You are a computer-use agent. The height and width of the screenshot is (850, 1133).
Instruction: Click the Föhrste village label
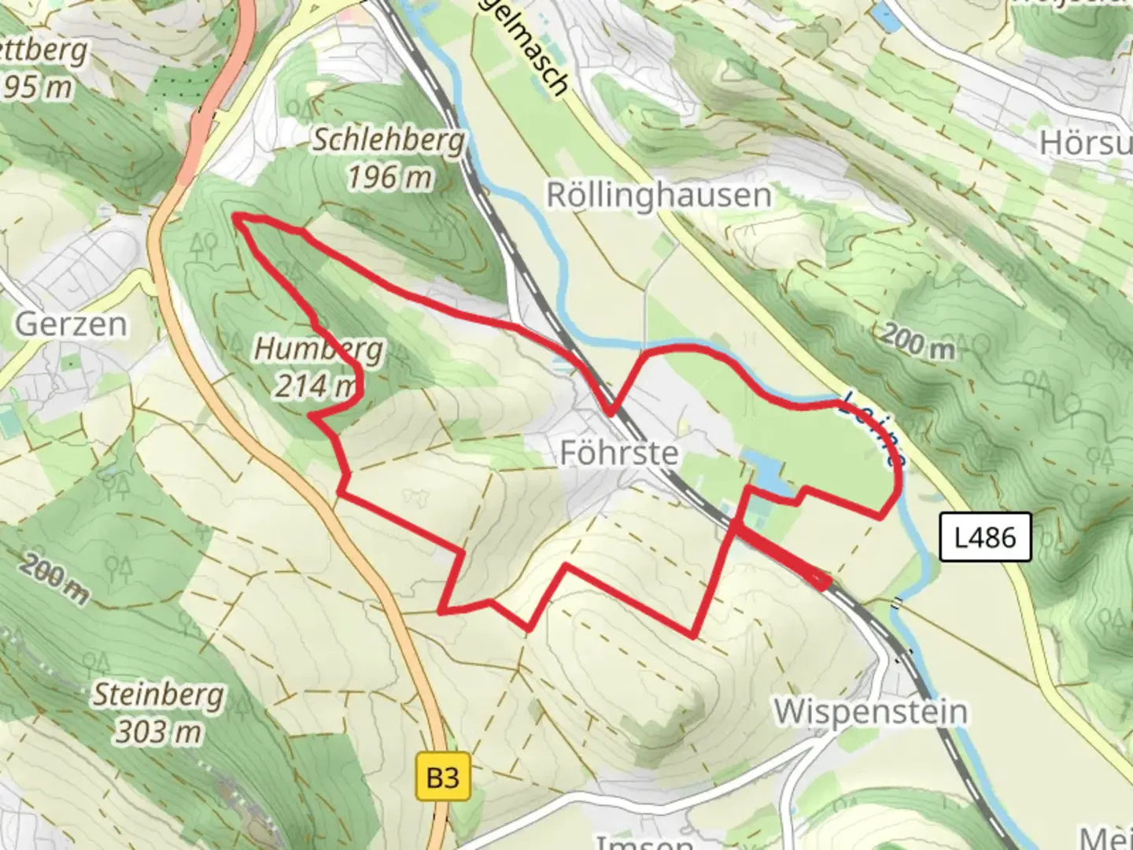coord(618,453)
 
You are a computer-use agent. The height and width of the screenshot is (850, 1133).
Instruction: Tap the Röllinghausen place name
coord(659,195)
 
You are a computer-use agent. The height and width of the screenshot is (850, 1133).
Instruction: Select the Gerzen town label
coord(71,324)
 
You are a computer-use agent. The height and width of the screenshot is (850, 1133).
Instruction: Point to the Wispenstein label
coord(870,711)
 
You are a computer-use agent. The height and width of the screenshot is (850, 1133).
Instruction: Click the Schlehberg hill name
coord(388,141)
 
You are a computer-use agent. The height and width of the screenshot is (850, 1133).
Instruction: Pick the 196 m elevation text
coord(389,178)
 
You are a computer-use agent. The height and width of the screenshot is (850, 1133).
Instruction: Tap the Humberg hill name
coord(319,349)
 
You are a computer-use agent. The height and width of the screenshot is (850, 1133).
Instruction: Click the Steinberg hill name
coord(158,695)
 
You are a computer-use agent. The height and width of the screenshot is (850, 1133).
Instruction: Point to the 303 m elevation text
coord(158,732)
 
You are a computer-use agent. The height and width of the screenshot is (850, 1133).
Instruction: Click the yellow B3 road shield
coord(442,778)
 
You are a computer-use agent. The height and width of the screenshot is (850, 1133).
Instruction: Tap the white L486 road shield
coord(985,538)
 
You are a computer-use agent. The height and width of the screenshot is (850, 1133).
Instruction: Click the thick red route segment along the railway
coord(783,557)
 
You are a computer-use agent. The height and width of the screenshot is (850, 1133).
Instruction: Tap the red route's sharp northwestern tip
coord(235,216)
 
